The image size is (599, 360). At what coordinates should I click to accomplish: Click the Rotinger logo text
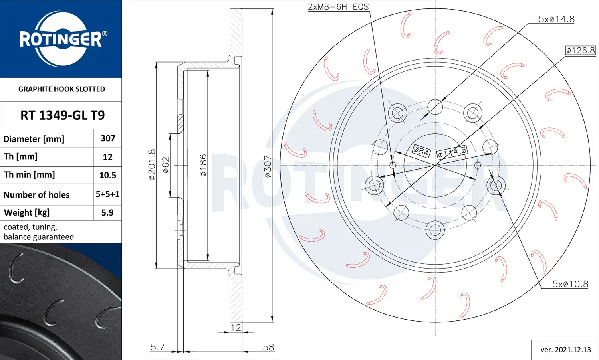point(61,39)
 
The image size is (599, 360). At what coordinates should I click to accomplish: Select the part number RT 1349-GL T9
point(62,115)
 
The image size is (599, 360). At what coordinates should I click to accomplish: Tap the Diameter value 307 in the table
point(108,138)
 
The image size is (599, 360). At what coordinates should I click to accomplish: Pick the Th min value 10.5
point(108,175)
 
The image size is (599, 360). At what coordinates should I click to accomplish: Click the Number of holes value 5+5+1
point(108,194)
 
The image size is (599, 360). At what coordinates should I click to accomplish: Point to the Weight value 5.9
point(107,212)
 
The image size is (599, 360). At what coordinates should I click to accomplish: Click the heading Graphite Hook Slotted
point(61,89)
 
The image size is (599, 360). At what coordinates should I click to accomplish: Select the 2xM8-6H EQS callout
point(338,7)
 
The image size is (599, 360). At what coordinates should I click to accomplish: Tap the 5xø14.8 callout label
point(556,19)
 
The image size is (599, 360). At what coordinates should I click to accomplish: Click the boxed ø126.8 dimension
point(581,50)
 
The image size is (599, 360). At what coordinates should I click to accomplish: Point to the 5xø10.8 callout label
point(570,284)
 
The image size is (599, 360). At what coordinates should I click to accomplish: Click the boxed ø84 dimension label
point(421,152)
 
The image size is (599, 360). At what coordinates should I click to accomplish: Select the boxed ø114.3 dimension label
point(452,152)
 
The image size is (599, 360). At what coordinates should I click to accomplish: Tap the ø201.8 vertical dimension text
point(152,164)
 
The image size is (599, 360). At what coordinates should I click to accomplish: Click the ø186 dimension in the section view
point(203,165)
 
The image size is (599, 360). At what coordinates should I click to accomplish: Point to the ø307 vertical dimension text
point(268,166)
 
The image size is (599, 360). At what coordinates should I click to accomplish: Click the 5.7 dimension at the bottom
point(157,347)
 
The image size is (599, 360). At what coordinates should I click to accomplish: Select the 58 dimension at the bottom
point(268,347)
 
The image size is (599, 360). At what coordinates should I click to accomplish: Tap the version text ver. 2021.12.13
point(565,350)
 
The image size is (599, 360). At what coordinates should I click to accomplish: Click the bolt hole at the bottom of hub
point(435,230)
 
